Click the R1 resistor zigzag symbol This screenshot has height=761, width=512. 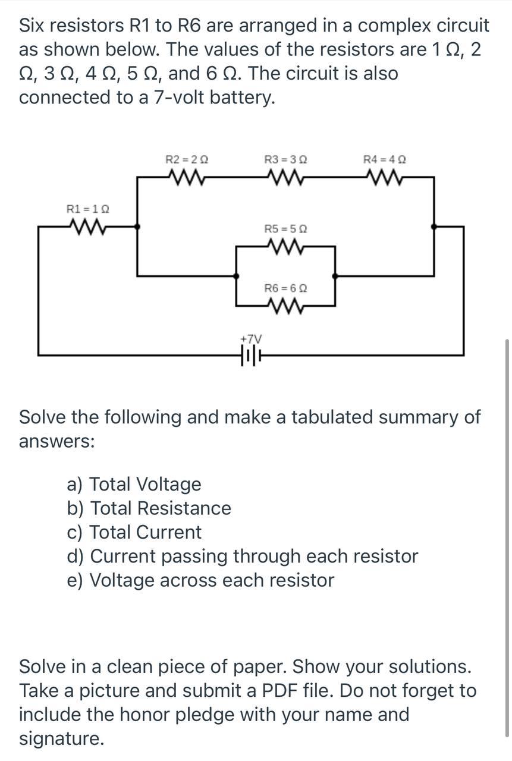[x=87, y=226]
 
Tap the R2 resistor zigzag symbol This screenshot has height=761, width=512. [x=186, y=176]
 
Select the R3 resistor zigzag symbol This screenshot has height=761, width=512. [x=285, y=176]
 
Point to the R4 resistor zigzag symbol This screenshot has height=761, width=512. [x=385, y=176]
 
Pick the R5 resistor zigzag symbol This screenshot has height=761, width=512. [x=285, y=245]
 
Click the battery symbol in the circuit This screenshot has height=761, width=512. [x=251, y=356]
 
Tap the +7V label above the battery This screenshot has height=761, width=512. [x=250, y=338]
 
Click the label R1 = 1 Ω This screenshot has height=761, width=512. [x=87, y=209]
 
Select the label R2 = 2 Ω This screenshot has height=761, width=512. [x=186, y=159]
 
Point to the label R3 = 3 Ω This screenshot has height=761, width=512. [x=285, y=159]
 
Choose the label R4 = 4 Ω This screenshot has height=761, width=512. [x=385, y=159]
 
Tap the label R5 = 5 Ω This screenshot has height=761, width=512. [x=285, y=228]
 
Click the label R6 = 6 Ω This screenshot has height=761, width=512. [x=285, y=288]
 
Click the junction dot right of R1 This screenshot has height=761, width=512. [x=137, y=227]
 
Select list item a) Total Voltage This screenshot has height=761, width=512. [x=134, y=485]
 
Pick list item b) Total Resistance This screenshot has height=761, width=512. [x=149, y=508]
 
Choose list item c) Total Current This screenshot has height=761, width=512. [x=134, y=532]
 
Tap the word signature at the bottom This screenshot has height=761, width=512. [x=61, y=739]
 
